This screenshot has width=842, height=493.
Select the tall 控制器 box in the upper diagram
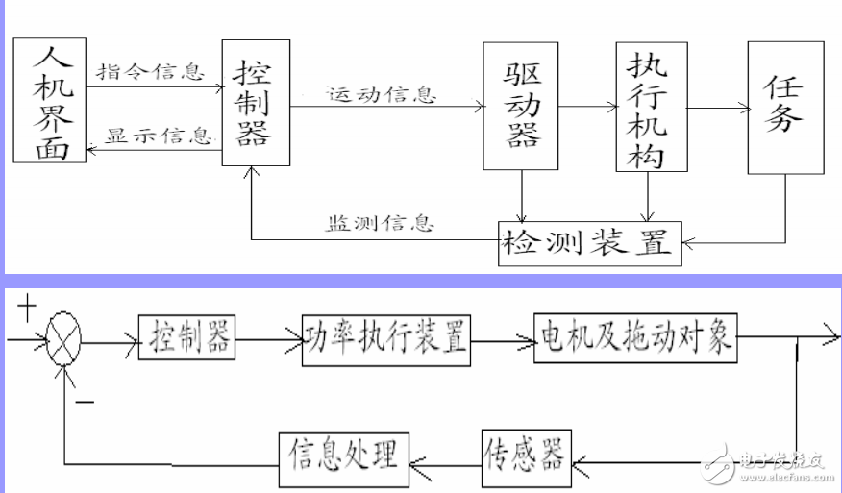tap(255, 102)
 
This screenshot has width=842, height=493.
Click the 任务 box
tap(785, 107)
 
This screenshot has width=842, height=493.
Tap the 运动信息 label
tap(381, 95)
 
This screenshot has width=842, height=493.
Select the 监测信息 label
tap(379, 224)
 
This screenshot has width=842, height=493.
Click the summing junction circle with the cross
tap(65, 340)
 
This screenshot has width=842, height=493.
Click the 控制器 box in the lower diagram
tap(188, 336)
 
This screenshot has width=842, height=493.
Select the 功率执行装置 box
tap(385, 336)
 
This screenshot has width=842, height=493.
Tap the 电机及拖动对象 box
tap(634, 336)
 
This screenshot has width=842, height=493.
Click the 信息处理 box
tap(344, 453)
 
